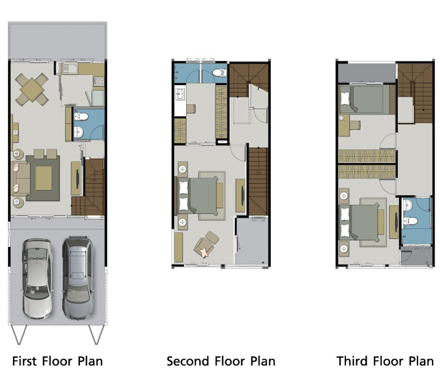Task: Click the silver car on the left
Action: [37, 279]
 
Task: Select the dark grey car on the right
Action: [78, 278]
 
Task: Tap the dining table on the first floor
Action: [32, 90]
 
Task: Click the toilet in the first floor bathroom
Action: [81, 116]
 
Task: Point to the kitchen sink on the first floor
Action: [70, 68]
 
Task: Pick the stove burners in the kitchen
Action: [99, 81]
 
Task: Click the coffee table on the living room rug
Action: [43, 178]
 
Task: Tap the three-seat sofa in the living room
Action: [21, 178]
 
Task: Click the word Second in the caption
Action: [188, 361]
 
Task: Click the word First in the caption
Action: [24, 361]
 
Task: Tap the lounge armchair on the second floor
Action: [207, 244]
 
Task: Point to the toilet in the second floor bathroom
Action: [219, 73]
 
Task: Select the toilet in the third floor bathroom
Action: [411, 221]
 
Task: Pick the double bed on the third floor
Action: [360, 223]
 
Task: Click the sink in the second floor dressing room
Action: [180, 94]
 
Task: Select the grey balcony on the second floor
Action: [252, 241]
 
